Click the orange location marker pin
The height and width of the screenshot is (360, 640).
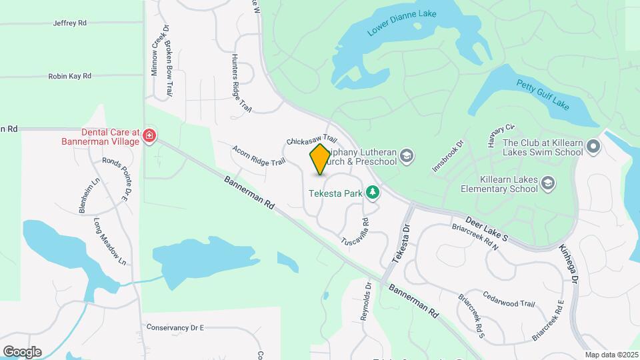320,159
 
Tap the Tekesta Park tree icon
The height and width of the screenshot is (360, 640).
373,193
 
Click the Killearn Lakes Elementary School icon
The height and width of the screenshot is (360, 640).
547,183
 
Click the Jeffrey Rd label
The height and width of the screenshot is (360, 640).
70,23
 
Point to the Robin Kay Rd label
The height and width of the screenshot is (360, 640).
69,77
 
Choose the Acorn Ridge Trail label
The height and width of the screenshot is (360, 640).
259,154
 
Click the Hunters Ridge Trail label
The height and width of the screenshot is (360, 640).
241,83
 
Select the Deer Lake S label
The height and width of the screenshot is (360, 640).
487,228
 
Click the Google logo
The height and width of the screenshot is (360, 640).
22,351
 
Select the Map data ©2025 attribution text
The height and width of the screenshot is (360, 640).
611,354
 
